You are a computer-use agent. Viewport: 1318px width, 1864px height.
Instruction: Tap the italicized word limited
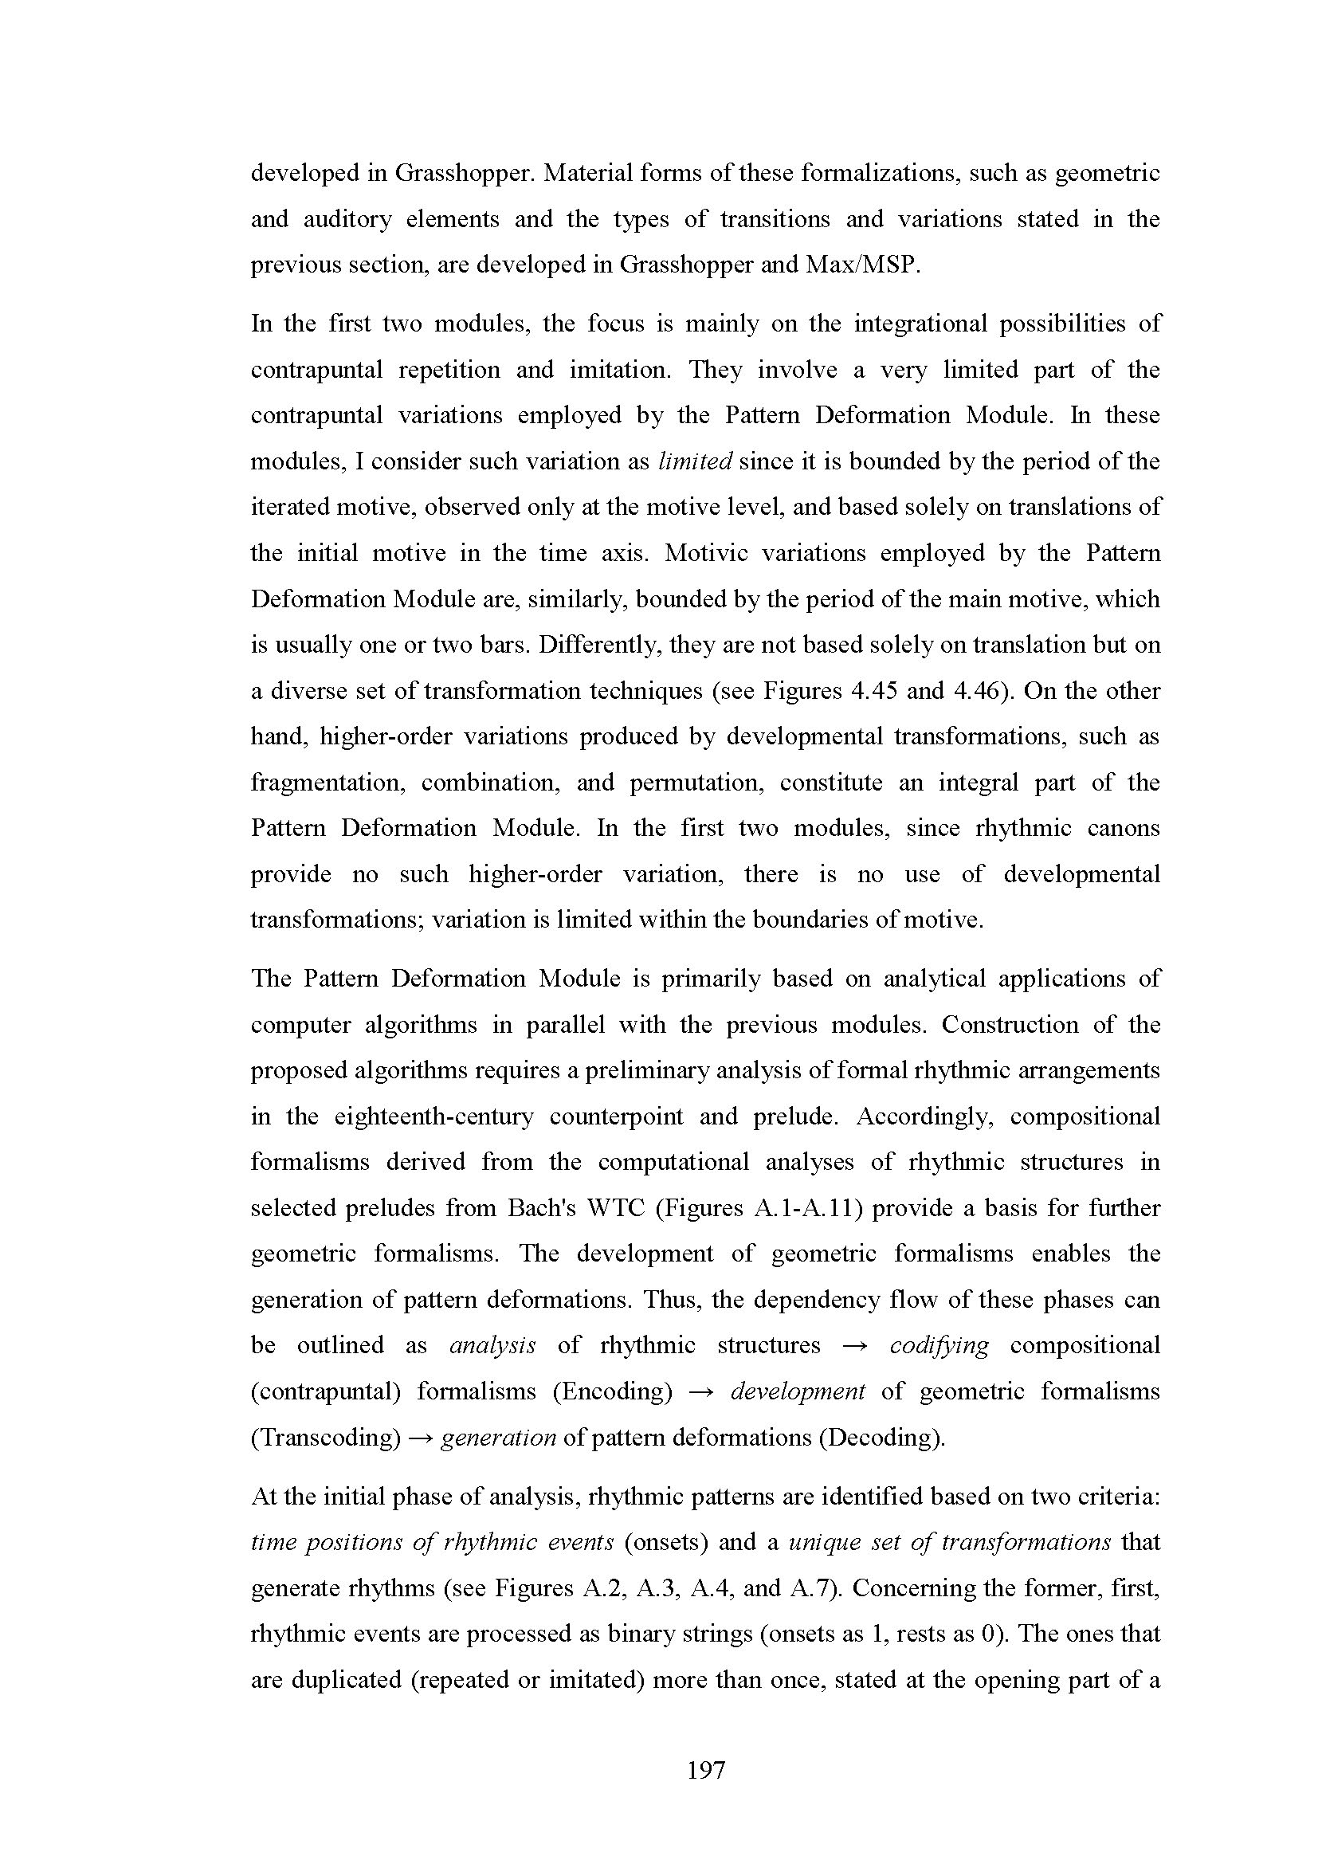[x=696, y=461]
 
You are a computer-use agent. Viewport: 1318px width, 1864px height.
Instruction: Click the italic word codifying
[x=939, y=1346]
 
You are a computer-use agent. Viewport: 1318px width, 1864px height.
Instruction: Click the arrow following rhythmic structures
[x=854, y=1346]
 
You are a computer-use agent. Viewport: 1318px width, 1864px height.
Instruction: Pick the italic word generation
[x=497, y=1438]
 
